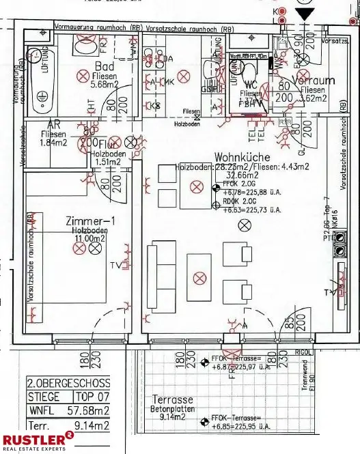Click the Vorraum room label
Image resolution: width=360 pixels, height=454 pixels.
tap(313, 80)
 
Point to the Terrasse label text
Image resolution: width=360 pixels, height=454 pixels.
tap(171, 399)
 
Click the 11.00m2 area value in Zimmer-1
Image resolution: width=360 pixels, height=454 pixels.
tap(90, 238)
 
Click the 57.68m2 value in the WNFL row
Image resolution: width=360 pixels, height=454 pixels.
tap(87, 410)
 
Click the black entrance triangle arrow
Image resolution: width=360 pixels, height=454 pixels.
tap(305, 14)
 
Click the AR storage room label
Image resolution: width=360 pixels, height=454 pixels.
tap(53, 125)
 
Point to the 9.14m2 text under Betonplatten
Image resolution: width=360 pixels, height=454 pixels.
tap(172, 416)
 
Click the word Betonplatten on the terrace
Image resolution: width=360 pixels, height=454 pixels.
tap(172, 408)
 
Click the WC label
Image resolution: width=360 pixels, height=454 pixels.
tap(250, 85)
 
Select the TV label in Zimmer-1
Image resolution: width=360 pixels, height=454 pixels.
tap(97, 264)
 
